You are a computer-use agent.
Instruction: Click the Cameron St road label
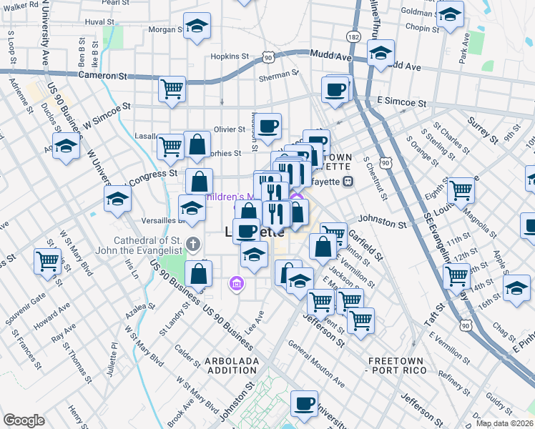click(x=102, y=75)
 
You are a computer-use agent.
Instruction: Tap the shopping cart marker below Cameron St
click(x=172, y=90)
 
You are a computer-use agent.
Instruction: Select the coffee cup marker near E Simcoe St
click(x=335, y=91)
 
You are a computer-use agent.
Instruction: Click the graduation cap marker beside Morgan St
click(x=196, y=27)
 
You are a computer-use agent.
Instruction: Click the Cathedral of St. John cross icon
click(x=192, y=245)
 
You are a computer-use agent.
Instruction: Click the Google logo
click(x=24, y=420)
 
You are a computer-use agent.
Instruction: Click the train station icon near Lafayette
click(x=348, y=181)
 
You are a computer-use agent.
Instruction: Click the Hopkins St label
click(x=230, y=56)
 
